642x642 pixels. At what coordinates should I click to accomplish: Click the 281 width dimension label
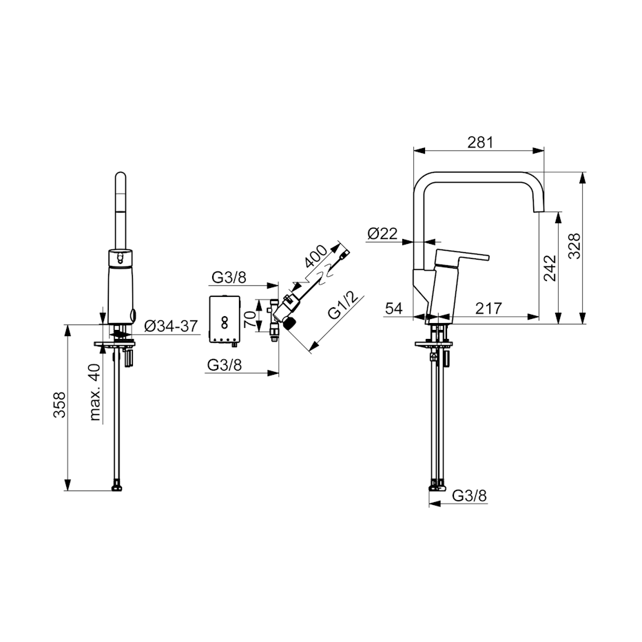coord(480,142)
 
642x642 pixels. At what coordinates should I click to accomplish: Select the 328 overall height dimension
coord(574,246)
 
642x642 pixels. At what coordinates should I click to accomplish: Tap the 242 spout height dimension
coord(550,268)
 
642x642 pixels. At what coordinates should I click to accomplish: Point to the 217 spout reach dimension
coord(488,308)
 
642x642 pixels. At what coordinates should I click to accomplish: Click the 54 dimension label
coord(394,308)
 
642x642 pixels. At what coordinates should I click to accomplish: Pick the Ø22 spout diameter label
coord(382,234)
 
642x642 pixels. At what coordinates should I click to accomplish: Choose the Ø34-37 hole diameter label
coord(171,326)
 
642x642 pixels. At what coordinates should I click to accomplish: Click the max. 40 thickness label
coord(94,392)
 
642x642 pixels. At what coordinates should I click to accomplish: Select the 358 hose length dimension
coord(60,404)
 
